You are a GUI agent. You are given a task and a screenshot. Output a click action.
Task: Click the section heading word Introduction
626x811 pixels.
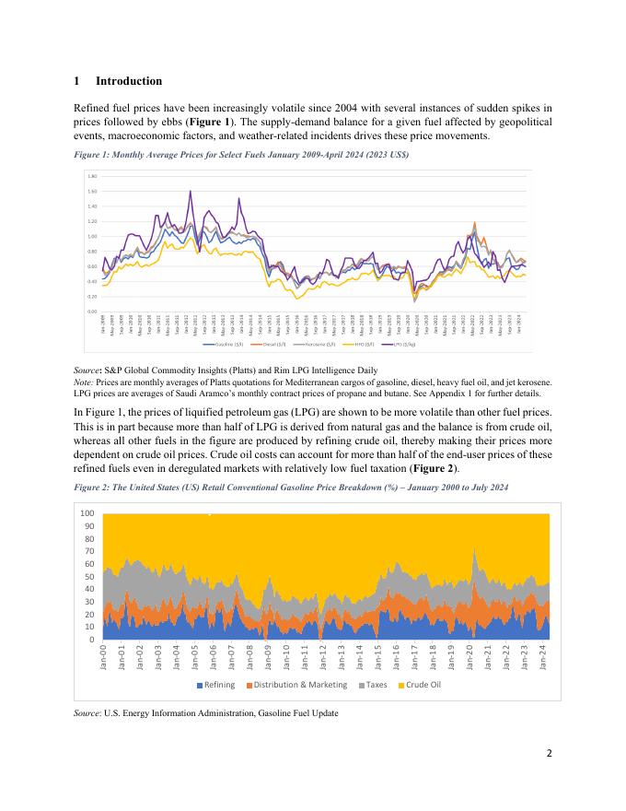(129, 81)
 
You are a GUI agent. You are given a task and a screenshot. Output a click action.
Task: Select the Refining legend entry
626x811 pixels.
(215, 684)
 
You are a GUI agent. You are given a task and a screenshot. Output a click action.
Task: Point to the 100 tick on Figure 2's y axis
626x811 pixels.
(87, 513)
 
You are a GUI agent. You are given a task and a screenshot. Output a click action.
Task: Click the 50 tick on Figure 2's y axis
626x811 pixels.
(89, 576)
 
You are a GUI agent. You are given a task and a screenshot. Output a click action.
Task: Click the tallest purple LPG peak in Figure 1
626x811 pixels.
(191, 192)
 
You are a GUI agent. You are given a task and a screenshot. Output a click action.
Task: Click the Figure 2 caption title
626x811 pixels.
(291, 486)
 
